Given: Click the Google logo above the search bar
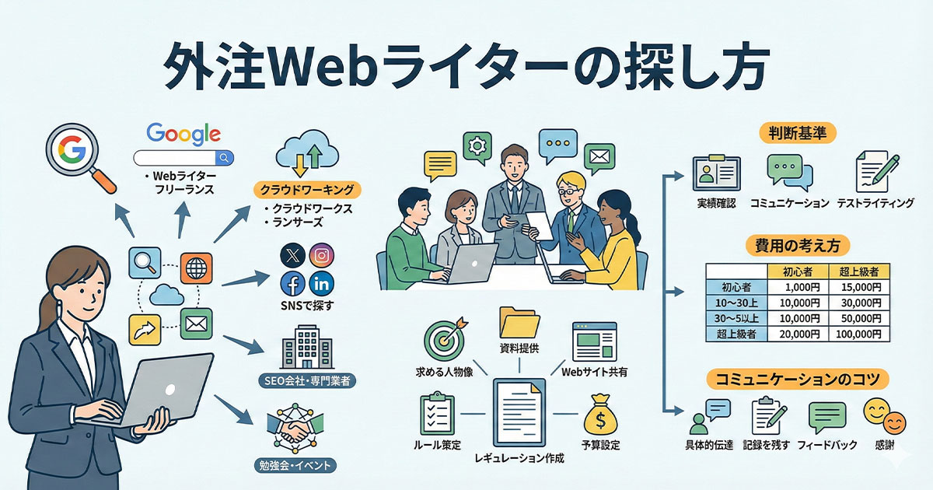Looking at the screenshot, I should pyautogui.click(x=183, y=133).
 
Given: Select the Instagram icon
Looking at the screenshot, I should pyautogui.click(x=321, y=255).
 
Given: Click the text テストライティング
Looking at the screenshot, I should pyautogui.click(x=875, y=203).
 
